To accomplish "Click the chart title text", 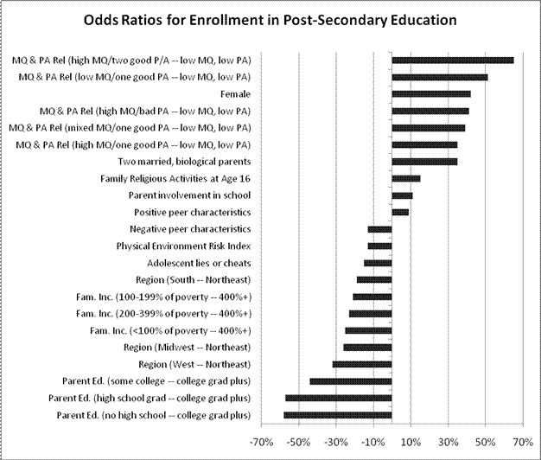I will pyautogui.click(x=270, y=18).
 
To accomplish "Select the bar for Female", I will pyautogui.click(x=431, y=94).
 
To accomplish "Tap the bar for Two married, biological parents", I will pyautogui.click(x=424, y=162).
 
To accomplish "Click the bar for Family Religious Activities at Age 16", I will pyautogui.click(x=405, y=178).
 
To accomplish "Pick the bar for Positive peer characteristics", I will pyautogui.click(x=400, y=212).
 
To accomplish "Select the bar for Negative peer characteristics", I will pyautogui.click(x=379, y=229).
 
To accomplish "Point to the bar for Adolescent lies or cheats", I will pyautogui.click(x=378, y=263).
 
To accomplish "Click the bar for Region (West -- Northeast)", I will pyautogui.click(x=362, y=364).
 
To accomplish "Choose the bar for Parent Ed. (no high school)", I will pyautogui.click(x=338, y=415).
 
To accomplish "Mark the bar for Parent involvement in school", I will pyautogui.click(x=402, y=195).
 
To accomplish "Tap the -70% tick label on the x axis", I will pyautogui.click(x=260, y=443).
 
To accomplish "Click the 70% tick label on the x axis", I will pyautogui.click(x=523, y=443).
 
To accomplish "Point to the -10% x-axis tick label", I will pyautogui.click(x=372, y=443).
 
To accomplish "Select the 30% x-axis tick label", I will pyautogui.click(x=448, y=443).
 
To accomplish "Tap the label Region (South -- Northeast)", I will pyautogui.click(x=194, y=279).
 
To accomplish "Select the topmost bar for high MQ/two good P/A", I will pyautogui.click(x=453, y=61).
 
